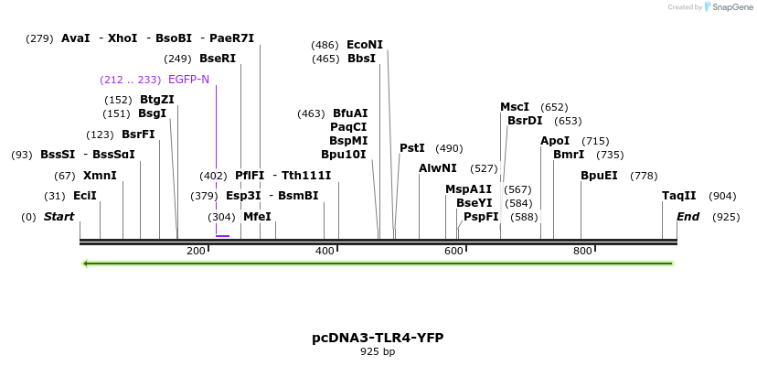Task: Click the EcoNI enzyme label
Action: click(365, 45)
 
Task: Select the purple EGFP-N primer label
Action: click(188, 80)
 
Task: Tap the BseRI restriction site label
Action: click(218, 59)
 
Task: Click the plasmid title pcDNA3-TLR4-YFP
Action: click(378, 338)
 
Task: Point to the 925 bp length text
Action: click(378, 351)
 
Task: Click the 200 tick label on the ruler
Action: click(196, 252)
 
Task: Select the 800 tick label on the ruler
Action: click(582, 252)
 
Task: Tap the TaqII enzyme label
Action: click(679, 196)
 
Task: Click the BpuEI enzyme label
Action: click(599, 176)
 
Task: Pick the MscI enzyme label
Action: click(515, 107)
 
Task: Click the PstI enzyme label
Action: click(412, 148)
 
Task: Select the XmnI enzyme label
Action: click(100, 176)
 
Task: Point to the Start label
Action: click(59, 217)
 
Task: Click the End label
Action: click(688, 217)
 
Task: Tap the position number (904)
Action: click(722, 196)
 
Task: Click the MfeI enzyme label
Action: click(257, 217)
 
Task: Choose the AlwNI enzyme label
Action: click(438, 168)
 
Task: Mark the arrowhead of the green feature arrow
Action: click(85, 264)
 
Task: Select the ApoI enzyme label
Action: click(555, 141)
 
